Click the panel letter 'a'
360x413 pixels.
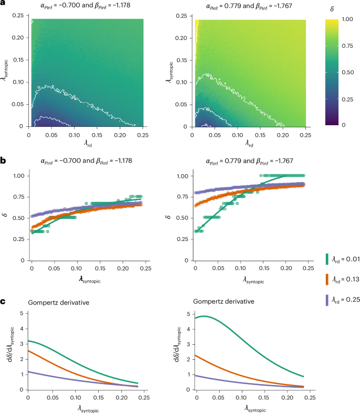coord(4,5)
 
